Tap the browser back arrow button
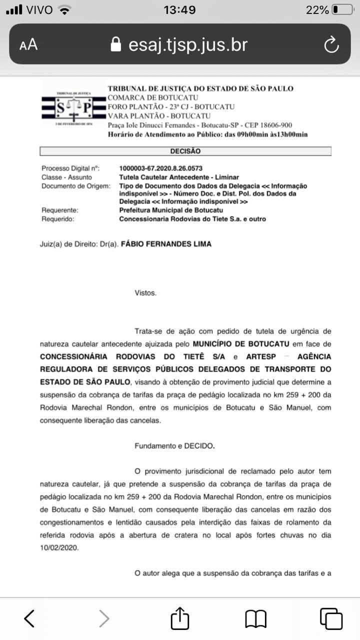(x=29, y=619)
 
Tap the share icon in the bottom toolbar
(x=180, y=619)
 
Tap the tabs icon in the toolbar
(x=331, y=619)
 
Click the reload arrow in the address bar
(x=331, y=45)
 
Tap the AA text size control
(x=28, y=45)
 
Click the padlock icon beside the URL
(x=116, y=45)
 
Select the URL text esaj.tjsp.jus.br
(x=188, y=45)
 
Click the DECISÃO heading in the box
(x=185, y=151)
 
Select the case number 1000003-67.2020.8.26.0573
(x=161, y=168)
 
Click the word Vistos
(x=145, y=293)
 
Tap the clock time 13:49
(x=179, y=9)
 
